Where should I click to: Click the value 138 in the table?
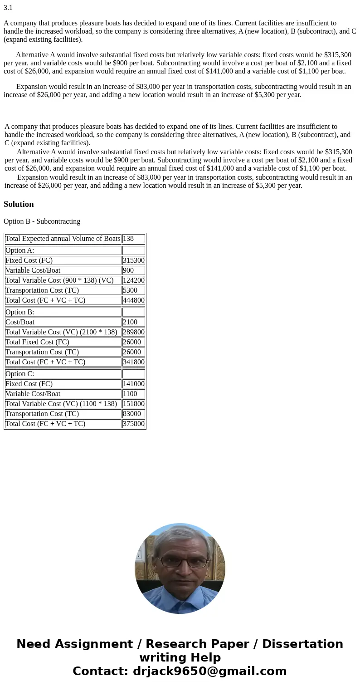128,239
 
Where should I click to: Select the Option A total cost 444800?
133,300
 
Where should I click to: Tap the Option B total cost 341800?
133,362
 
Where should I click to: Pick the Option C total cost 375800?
133,424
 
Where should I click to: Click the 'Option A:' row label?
20,250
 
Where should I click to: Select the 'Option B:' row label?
20,312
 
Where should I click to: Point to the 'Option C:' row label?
20,374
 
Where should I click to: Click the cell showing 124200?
133,280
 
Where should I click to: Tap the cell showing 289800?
133,332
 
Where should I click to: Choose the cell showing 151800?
133,404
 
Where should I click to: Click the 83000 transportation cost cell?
131,414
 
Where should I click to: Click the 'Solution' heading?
19,204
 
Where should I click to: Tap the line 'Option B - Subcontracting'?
42,221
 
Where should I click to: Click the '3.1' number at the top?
8,8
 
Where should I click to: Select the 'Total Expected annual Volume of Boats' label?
63,239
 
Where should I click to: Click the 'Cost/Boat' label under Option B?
20,322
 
